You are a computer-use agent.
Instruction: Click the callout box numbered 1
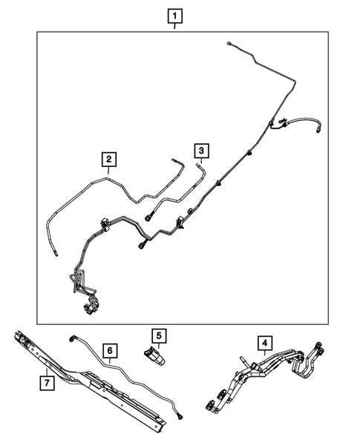(x=174, y=15)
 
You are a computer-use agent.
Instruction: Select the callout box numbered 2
(x=108, y=160)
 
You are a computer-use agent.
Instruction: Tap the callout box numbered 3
(x=200, y=151)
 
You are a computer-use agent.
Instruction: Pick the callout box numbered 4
(x=264, y=343)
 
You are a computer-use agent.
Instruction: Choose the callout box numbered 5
(x=157, y=336)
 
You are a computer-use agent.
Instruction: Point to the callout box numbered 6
(x=108, y=349)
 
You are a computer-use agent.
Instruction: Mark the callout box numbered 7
(x=46, y=383)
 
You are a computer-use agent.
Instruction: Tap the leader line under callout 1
(x=174, y=26)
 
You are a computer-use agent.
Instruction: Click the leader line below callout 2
(x=108, y=171)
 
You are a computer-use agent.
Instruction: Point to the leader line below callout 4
(x=264, y=355)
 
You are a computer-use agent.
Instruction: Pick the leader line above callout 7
(x=46, y=370)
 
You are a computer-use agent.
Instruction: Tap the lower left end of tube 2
(x=56, y=253)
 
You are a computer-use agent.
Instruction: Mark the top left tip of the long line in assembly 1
(x=229, y=43)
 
